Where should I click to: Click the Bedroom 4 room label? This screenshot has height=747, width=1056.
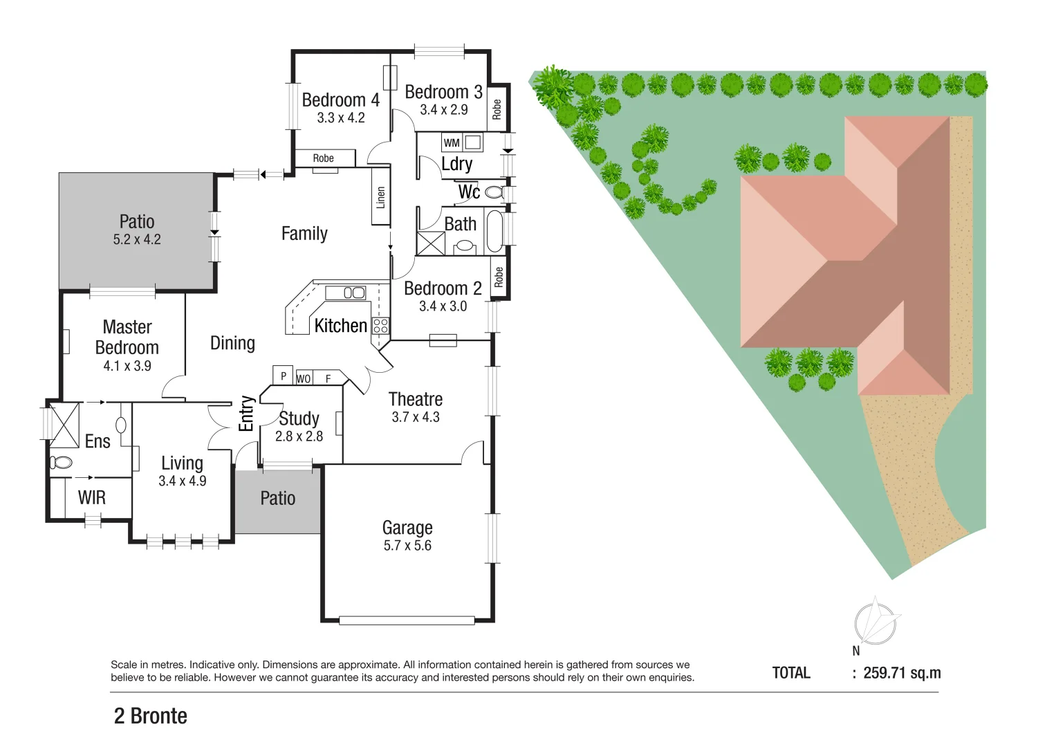340,100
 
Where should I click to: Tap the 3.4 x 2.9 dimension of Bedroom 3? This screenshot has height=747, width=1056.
443,110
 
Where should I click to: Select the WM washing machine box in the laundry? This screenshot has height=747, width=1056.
452,143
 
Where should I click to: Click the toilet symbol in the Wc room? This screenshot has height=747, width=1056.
494,192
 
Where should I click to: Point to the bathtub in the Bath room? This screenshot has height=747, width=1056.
494,231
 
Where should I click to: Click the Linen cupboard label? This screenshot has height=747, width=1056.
380,198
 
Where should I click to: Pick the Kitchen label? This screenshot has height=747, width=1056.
340,326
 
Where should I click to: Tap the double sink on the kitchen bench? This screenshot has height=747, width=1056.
354,293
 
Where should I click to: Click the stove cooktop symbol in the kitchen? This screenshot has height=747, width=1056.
380,325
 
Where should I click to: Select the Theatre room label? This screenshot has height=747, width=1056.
415,400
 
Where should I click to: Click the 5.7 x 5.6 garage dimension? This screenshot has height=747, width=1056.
407,546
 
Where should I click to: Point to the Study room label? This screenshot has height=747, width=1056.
299,418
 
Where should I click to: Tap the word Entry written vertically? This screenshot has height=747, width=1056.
246,414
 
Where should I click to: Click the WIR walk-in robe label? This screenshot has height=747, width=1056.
91,497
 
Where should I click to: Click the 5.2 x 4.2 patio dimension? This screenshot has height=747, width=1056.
137,240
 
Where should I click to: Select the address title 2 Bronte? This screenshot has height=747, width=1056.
150,716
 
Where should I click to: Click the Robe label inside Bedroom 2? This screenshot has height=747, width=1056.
499,278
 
